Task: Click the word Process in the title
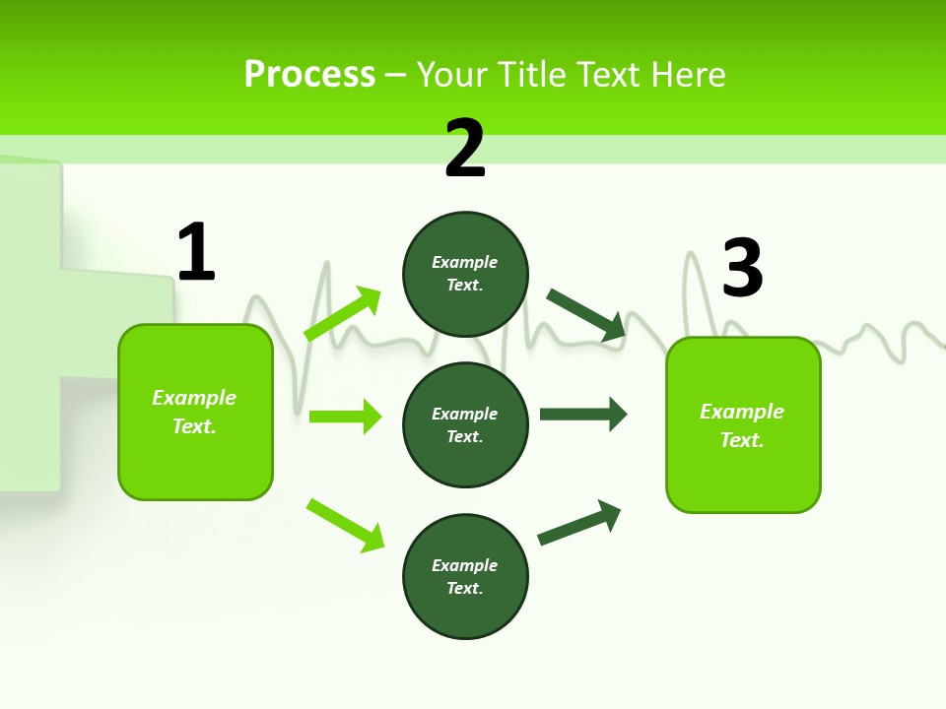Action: coord(309,75)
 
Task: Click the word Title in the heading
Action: coord(533,75)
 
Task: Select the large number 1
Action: coord(196,253)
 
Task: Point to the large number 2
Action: coord(465,149)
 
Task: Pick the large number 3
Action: coord(742,269)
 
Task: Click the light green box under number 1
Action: coord(195,412)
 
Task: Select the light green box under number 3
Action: coord(743,424)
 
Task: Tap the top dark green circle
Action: coord(465,274)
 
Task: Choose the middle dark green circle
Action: coord(465,424)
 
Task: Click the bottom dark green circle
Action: coord(465,576)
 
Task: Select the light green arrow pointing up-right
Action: coord(343,314)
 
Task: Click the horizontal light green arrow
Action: coord(345,417)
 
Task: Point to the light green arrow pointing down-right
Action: coord(345,526)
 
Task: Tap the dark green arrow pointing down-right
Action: coord(586,315)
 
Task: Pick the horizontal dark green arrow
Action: coord(583,414)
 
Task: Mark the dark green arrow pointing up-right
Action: coord(579,523)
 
